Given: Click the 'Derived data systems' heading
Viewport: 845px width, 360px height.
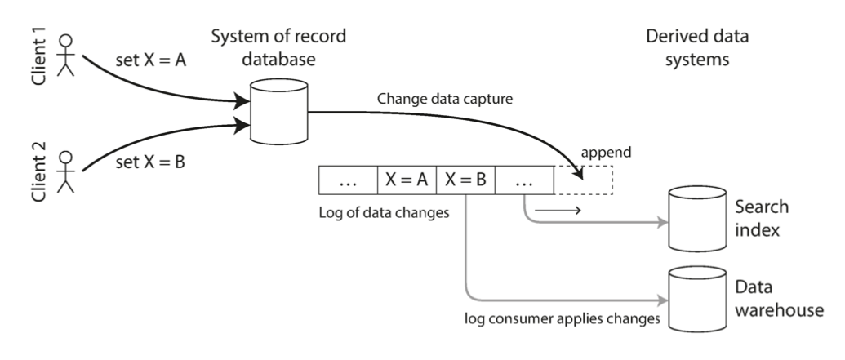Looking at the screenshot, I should coord(696,49).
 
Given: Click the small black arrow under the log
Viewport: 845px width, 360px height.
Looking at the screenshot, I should coord(558,211).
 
